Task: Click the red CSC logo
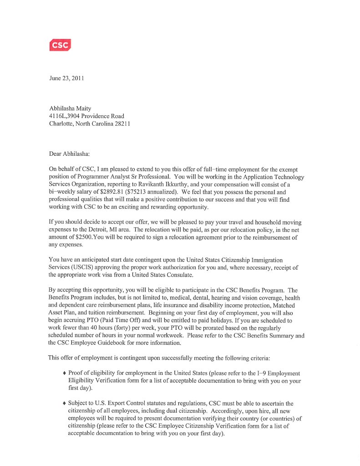(60, 45)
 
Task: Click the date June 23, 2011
(66, 78)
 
